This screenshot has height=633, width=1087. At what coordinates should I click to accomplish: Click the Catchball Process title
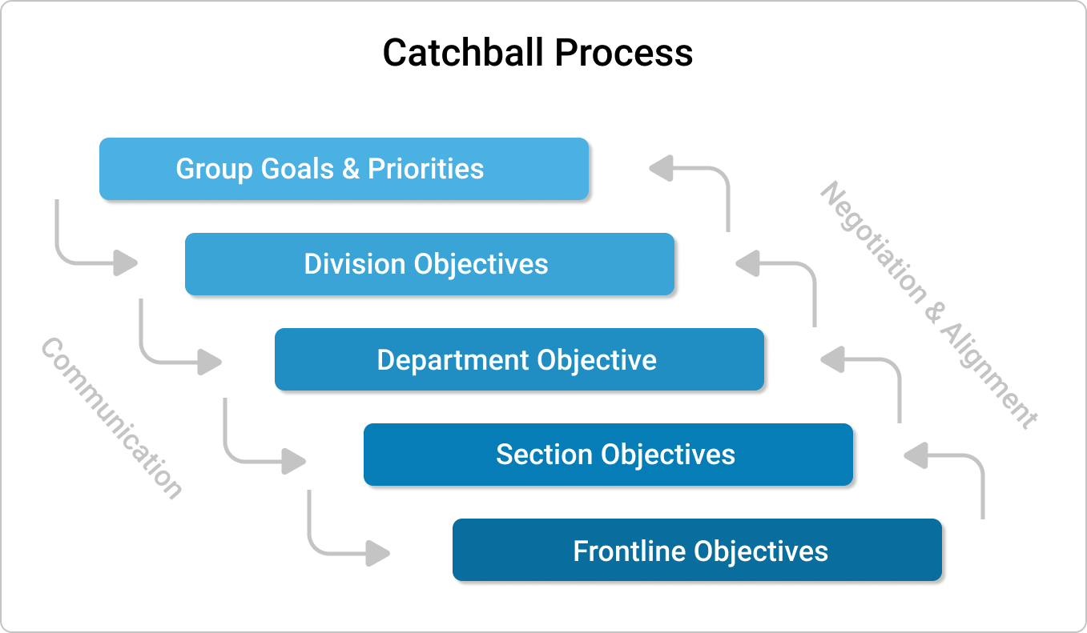tap(537, 53)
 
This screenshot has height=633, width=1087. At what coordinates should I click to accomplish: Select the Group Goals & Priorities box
tap(344, 169)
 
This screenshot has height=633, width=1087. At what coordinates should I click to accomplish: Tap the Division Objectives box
tap(429, 264)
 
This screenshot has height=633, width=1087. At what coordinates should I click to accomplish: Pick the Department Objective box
tap(519, 359)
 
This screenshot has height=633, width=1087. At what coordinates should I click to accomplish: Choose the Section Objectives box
tap(608, 455)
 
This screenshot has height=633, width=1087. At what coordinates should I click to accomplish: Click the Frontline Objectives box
tap(697, 551)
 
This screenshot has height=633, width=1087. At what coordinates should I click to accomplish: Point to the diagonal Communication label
tap(111, 418)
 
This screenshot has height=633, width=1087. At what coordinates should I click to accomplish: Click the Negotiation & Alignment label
tap(929, 304)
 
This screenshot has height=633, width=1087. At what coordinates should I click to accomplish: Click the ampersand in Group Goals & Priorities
tap(351, 169)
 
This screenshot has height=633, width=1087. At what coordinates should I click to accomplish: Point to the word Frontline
tap(630, 551)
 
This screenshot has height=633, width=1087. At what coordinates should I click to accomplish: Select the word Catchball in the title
tap(465, 53)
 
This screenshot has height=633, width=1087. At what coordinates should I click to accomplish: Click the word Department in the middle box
tap(453, 359)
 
